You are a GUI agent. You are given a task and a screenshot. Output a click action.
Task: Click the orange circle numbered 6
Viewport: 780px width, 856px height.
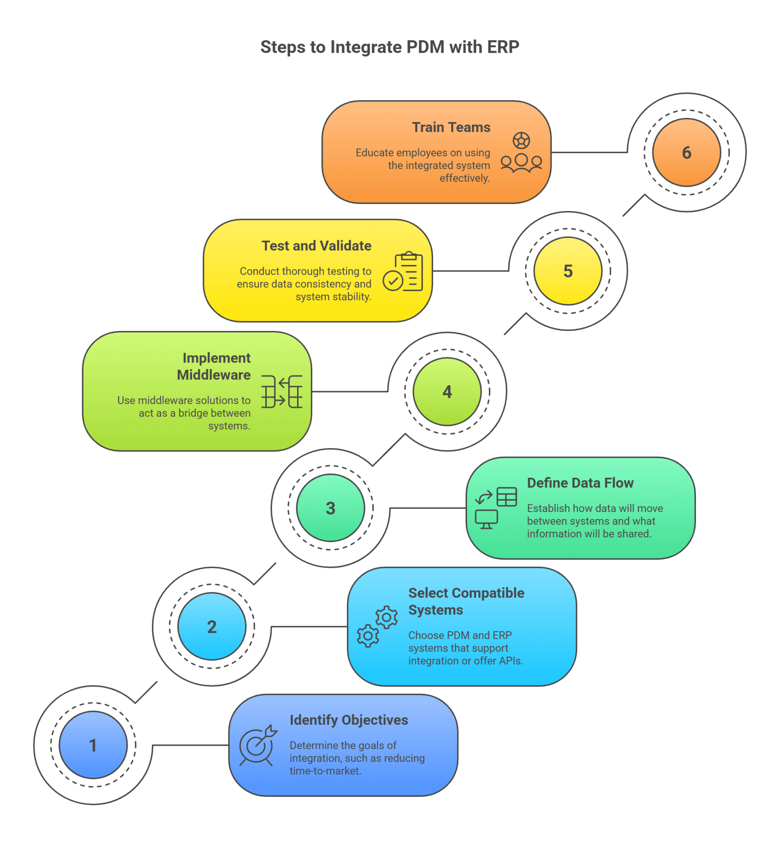click(686, 153)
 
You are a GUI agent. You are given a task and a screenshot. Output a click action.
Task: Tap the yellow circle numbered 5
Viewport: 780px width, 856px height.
click(567, 271)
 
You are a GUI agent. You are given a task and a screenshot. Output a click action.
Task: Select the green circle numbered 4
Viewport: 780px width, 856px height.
click(447, 392)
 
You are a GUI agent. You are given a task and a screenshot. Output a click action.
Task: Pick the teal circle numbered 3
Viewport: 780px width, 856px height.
click(330, 508)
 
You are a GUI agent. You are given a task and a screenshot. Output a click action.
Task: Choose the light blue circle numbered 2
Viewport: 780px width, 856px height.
click(212, 626)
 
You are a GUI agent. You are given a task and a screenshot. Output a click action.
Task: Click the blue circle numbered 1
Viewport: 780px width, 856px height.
click(93, 745)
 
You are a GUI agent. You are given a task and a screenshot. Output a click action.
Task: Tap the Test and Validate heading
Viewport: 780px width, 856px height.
click(316, 246)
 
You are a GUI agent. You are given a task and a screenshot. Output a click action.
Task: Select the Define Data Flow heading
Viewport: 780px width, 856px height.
click(580, 483)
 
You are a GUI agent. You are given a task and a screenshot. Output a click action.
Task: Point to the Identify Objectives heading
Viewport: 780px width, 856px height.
click(349, 720)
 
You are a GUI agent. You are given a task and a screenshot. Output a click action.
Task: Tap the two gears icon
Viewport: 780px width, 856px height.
click(377, 626)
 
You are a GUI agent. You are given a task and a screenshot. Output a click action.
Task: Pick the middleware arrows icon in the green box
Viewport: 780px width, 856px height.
click(281, 392)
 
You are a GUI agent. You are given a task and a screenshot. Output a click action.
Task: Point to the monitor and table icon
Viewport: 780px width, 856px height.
click(495, 508)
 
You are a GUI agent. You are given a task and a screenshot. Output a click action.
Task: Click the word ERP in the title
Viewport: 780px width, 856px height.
click(503, 47)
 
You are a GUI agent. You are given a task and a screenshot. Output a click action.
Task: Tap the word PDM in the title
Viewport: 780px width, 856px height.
click(425, 47)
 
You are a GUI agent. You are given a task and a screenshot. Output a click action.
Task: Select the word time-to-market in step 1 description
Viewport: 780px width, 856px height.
click(325, 771)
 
